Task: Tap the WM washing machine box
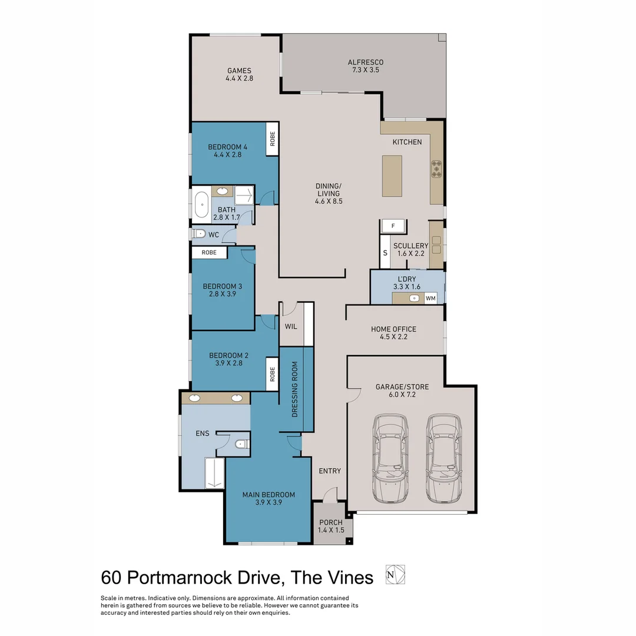430,299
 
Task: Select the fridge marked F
393,226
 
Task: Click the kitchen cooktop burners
436,168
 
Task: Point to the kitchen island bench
392,175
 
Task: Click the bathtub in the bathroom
202,206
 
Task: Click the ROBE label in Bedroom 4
272,139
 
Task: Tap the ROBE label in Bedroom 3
209,253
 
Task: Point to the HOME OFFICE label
393,329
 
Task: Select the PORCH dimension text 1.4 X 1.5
331,530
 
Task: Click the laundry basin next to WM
414,299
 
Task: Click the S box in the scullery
385,252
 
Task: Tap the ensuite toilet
240,444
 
